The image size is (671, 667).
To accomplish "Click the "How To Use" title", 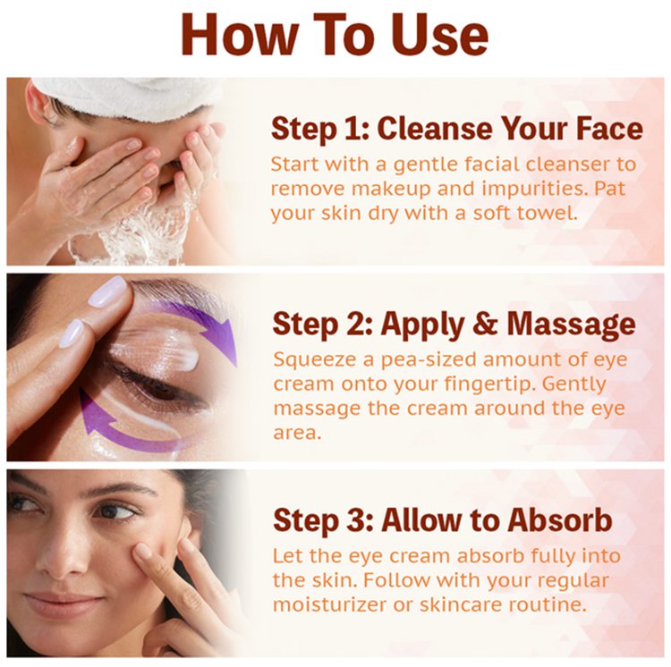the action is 335,35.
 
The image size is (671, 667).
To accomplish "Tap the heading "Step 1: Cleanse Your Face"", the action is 457,129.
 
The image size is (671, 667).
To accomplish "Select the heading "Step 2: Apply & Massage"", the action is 454,325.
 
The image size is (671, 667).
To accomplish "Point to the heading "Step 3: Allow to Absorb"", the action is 443,520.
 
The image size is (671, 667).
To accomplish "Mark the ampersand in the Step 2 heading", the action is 485,324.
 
